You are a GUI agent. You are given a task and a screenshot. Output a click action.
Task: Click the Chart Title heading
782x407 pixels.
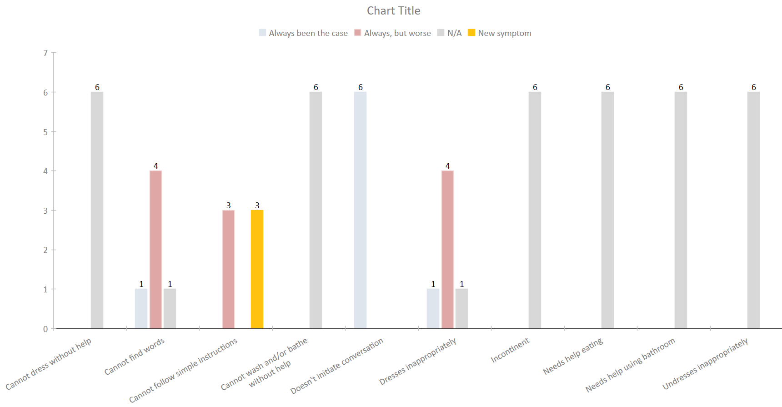[x=393, y=11]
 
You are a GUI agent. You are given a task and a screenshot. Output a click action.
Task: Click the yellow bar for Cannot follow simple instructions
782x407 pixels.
[x=257, y=269]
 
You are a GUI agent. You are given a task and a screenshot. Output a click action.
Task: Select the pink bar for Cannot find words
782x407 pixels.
[x=155, y=249]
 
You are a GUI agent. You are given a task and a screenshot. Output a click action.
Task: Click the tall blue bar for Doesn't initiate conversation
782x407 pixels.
[x=360, y=210]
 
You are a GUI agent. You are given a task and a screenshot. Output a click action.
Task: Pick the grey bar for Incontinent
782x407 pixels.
[x=535, y=210]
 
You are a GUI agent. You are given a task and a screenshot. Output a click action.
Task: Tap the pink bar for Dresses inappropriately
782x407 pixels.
[x=447, y=249]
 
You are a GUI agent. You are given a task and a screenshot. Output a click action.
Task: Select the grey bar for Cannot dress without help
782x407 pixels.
[x=97, y=210]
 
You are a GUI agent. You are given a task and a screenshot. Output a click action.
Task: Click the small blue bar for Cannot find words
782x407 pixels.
[x=141, y=308]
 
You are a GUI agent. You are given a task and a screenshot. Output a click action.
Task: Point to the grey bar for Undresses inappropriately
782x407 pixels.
[x=753, y=210]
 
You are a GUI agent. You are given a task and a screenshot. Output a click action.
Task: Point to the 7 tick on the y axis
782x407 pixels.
[x=45, y=53]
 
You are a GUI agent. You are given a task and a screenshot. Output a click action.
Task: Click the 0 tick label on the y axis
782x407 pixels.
[x=45, y=329]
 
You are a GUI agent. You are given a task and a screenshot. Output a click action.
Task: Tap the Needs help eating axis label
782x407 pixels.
[x=573, y=356]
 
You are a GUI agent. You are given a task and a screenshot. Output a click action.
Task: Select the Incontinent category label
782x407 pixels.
[x=510, y=350]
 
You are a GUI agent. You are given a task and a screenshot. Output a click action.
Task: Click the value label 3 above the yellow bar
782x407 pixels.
[x=257, y=206]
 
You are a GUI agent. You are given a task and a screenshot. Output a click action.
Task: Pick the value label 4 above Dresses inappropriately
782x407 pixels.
[x=447, y=166]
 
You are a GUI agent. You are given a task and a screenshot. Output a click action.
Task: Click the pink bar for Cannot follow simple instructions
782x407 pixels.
[x=228, y=269]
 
